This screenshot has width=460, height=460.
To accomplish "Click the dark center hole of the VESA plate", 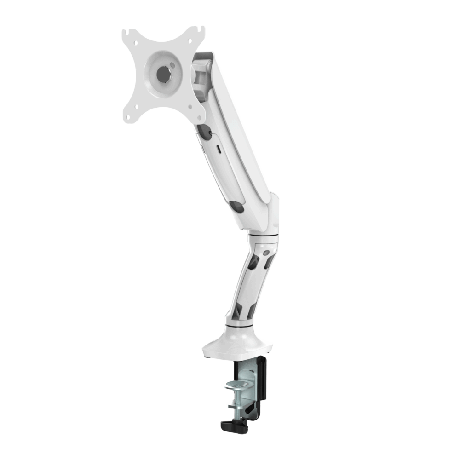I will click(x=163, y=74).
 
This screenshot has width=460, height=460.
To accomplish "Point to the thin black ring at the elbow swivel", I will click(x=263, y=236).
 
